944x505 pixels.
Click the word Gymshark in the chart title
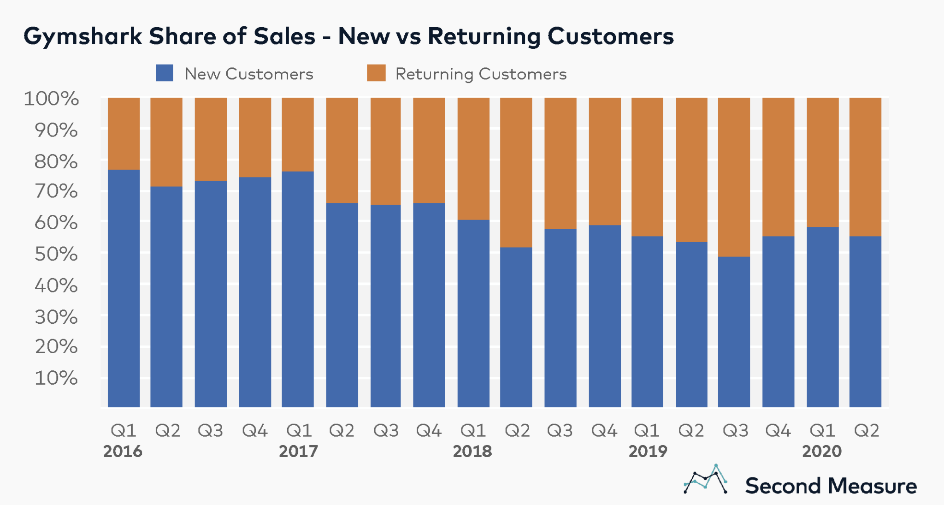(83, 36)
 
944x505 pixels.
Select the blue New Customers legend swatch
(165, 73)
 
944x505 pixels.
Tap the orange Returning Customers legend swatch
(376, 73)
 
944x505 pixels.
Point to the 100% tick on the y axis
(51, 99)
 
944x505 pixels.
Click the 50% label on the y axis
(56, 254)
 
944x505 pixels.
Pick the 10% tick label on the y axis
(56, 378)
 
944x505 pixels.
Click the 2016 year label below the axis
(123, 451)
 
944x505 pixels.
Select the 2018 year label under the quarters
(472, 451)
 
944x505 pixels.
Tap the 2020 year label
(822, 451)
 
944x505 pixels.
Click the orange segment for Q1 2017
(298, 134)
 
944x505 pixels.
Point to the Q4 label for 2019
(778, 431)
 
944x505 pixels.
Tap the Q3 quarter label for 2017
(386, 431)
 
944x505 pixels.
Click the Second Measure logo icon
(706, 480)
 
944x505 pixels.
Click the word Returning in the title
(484, 36)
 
